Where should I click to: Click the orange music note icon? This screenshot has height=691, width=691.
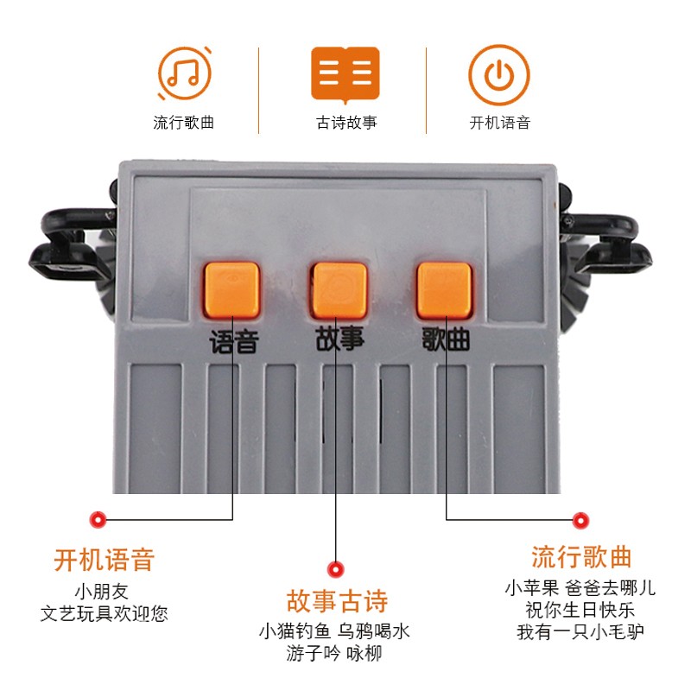click(183, 73)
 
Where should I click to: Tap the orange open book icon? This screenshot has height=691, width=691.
click(345, 73)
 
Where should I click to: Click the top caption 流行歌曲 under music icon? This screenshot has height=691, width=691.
click(183, 123)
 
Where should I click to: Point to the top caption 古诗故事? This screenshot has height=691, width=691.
click(345, 123)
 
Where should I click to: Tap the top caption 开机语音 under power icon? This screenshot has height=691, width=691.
click(499, 123)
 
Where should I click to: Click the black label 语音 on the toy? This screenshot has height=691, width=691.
click(233, 343)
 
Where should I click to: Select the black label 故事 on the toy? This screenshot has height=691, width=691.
click(341, 339)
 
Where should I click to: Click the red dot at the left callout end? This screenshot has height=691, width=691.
click(98, 519)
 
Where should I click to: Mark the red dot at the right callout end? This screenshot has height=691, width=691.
click(581, 519)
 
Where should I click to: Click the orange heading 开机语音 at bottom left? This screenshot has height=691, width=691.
click(104, 560)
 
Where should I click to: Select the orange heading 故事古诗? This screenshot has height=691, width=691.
click(337, 601)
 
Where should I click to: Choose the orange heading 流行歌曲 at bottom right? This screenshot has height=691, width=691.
click(581, 556)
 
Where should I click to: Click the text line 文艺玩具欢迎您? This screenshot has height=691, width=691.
click(104, 614)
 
